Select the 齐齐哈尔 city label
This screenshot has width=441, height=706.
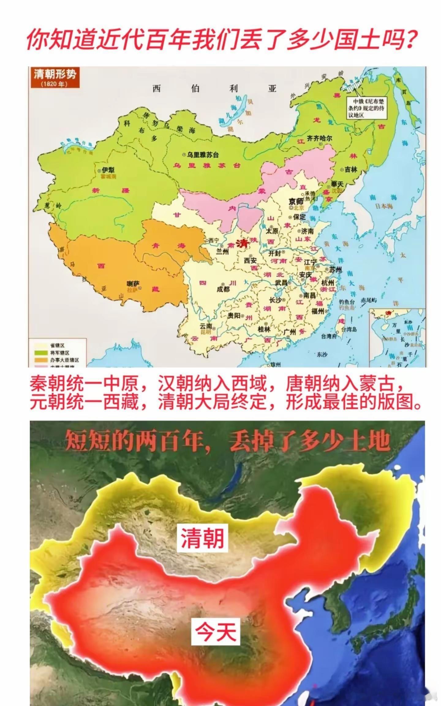click(x=319, y=138)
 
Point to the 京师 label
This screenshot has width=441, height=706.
click(x=296, y=201)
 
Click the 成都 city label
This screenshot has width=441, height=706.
click(x=223, y=288)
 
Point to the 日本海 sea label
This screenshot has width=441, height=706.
click(x=384, y=206)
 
